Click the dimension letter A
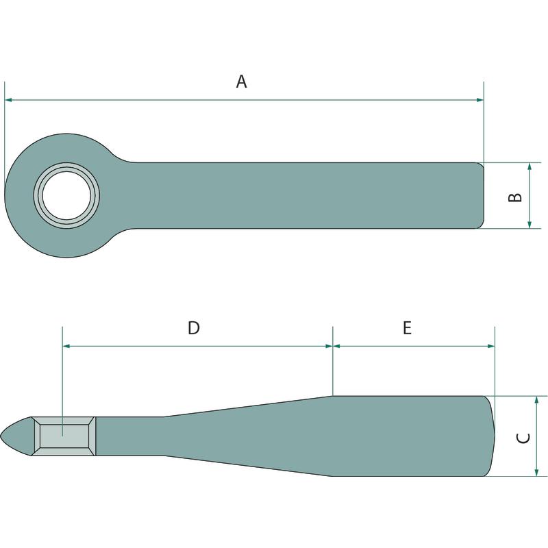242,82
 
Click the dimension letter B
515,197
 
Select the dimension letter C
523,438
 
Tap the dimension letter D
194,328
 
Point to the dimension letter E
407,328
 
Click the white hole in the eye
66,196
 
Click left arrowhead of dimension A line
8,100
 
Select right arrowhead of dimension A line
480,100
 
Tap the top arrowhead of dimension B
530,166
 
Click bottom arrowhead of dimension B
530,225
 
